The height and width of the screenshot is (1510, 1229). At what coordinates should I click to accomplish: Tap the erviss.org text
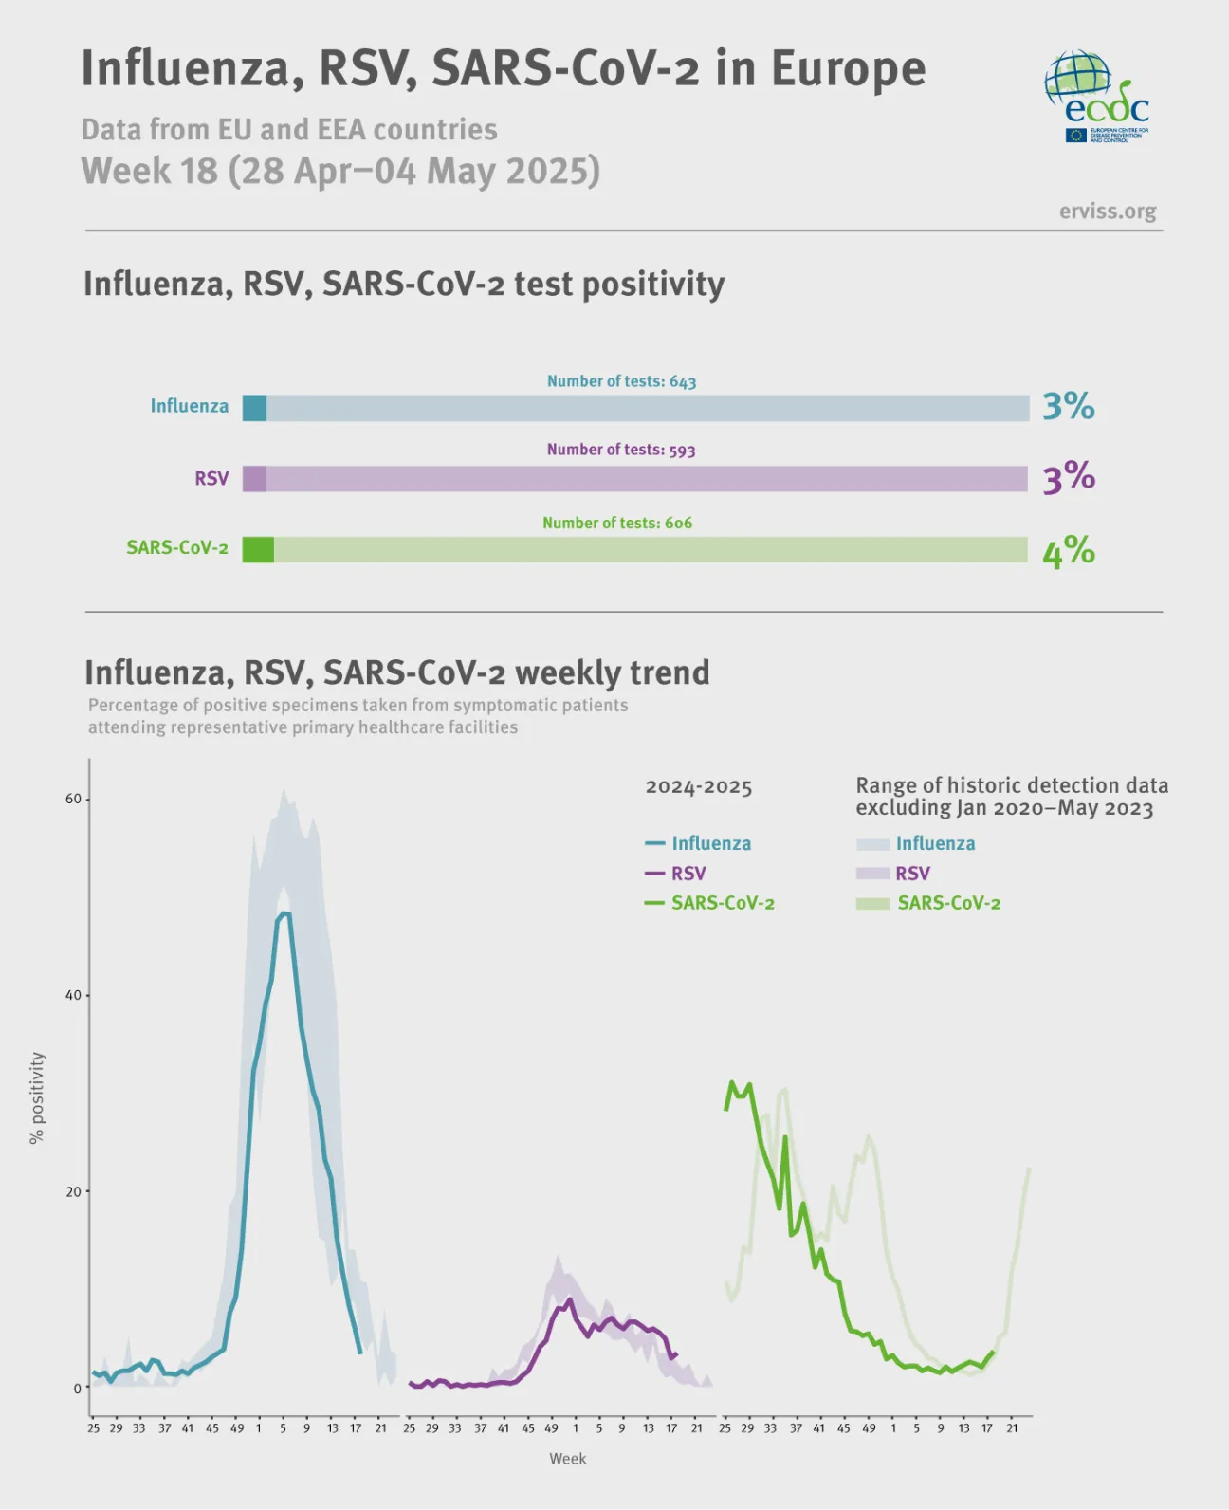(1107, 211)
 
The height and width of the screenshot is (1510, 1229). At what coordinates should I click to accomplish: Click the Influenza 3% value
(1068, 406)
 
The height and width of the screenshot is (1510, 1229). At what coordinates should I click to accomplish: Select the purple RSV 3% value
(1068, 476)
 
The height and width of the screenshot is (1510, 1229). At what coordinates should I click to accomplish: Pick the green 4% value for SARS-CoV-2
(1068, 550)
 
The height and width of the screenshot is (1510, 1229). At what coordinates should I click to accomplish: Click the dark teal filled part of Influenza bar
(254, 408)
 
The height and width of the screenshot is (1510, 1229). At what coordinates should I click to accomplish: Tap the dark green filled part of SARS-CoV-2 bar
(258, 550)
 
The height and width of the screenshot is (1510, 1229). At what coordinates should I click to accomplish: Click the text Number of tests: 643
(621, 381)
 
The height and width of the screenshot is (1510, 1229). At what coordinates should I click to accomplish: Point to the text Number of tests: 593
(621, 450)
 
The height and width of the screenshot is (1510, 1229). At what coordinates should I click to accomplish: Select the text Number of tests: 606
(617, 523)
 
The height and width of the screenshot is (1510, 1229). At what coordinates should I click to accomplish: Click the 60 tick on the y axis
(73, 799)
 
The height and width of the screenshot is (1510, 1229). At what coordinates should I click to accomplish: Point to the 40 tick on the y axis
(73, 995)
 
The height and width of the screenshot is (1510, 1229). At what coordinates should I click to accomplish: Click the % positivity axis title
(37, 1097)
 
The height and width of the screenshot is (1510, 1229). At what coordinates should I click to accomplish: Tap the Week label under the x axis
(567, 1459)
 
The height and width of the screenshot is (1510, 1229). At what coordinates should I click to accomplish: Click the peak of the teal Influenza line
(284, 913)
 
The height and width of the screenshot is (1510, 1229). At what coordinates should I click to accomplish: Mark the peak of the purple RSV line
(569, 1299)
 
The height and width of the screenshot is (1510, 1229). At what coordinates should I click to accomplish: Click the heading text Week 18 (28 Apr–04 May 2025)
(340, 171)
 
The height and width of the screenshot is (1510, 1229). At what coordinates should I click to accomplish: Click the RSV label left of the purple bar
(211, 478)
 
